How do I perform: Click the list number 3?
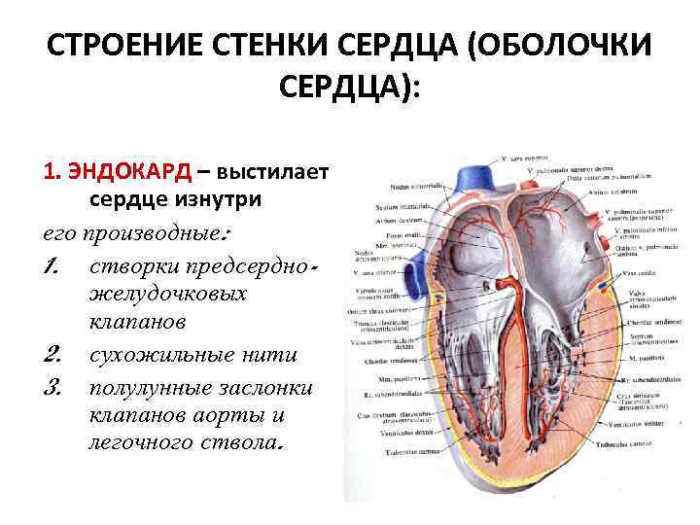coord(53,387)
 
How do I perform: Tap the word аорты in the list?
coord(227,417)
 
